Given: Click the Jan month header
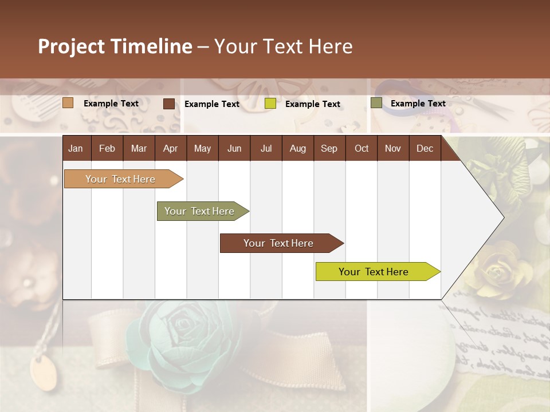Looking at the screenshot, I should pos(76,148).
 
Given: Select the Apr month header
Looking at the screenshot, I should pos(170,148).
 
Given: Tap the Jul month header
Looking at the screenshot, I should pos(266,148).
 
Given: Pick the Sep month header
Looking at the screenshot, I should pos(329,148).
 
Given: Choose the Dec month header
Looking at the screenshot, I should pos(425,148).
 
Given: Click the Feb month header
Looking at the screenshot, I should pos(107,148).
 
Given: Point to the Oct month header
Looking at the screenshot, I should pos(362,148).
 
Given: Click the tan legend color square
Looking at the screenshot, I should pos(68,103).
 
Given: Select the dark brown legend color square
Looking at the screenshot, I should pos(169,104).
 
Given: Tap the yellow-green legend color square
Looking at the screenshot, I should pos(270,104).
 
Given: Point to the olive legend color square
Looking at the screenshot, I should pos(376,103).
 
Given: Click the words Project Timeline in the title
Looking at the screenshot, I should pos(115,46).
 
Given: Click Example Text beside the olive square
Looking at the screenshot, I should pos(418,104).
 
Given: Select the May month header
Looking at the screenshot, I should pos(202,148).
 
